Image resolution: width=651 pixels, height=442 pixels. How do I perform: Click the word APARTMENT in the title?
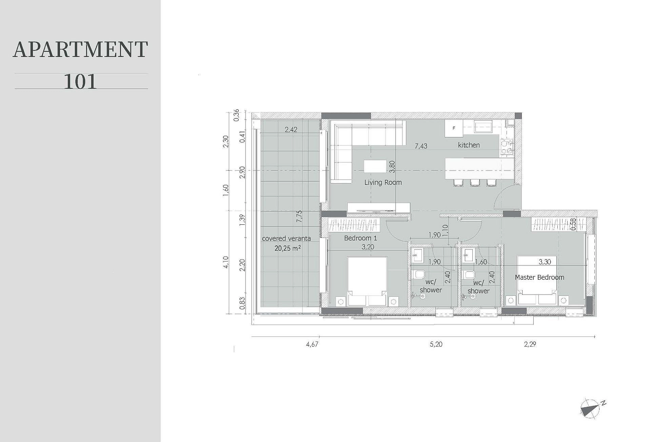[80, 50]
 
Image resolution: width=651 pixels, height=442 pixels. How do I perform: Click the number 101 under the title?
[80, 81]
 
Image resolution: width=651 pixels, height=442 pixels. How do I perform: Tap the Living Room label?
[383, 182]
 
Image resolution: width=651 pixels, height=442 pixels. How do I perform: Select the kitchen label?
[469, 145]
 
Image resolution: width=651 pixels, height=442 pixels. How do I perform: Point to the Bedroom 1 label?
[360, 238]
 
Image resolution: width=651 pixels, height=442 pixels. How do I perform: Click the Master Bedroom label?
[539, 277]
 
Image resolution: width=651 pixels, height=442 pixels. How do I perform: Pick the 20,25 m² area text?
[288, 248]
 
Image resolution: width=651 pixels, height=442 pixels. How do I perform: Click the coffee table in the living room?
[375, 166]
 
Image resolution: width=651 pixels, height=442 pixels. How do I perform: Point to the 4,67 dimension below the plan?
[312, 344]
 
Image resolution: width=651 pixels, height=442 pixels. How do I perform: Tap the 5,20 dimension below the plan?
[436, 344]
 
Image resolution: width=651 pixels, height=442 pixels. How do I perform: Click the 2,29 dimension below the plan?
[530, 344]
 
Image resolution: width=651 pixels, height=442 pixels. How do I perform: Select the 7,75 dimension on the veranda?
[299, 217]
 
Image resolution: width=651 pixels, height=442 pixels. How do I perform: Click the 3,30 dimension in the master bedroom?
[545, 262]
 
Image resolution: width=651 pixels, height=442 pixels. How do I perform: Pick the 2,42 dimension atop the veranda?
[291, 129]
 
